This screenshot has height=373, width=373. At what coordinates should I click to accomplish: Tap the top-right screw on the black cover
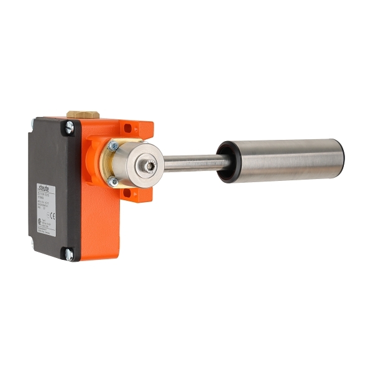tap(70, 127)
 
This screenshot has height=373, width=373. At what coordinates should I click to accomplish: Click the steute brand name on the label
tap(46, 185)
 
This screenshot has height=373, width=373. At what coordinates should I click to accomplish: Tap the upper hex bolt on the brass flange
tap(114, 145)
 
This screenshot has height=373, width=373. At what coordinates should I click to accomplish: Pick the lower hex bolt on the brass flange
tap(113, 182)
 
